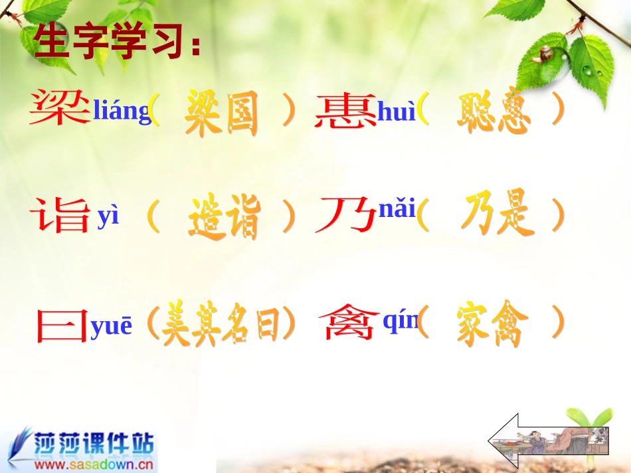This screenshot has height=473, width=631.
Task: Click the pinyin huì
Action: tap(397, 113)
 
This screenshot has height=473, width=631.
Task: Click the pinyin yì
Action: tap(108, 218)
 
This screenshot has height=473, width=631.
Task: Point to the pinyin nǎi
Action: tap(397, 210)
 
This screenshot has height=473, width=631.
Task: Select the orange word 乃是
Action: tap(497, 215)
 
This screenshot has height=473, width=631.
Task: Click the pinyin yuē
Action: tap(112, 326)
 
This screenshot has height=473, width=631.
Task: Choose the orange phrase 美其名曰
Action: tap(221, 325)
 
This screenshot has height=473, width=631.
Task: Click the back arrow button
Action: tap(548, 442)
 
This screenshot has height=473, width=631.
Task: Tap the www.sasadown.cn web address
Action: tap(94, 465)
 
